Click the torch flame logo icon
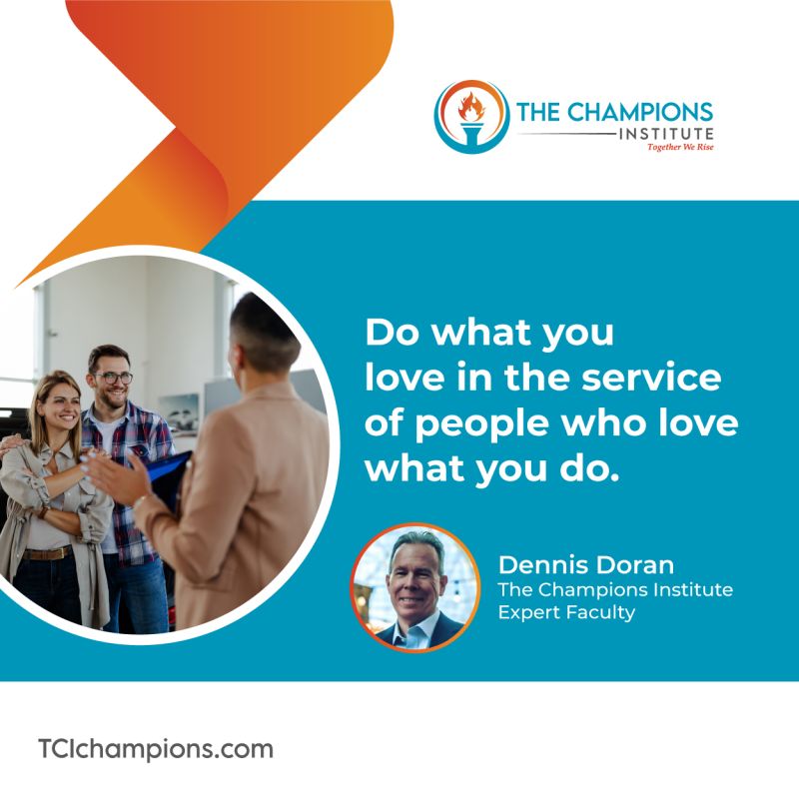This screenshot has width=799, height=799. [x=471, y=116]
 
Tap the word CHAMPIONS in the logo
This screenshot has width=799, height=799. [x=639, y=113]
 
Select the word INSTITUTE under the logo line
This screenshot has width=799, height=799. [x=666, y=134]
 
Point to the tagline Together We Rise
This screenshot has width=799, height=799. [x=680, y=147]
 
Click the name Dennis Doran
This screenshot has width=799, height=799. [x=586, y=564]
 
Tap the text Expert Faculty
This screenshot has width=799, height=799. [x=566, y=612]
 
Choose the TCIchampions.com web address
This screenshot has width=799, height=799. [x=156, y=750]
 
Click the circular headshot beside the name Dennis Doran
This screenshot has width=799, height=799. [x=415, y=588]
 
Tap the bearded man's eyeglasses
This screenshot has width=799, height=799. [x=113, y=378]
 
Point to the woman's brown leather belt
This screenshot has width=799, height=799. [x=47, y=553]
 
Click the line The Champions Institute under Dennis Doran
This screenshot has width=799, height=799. [x=615, y=589]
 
